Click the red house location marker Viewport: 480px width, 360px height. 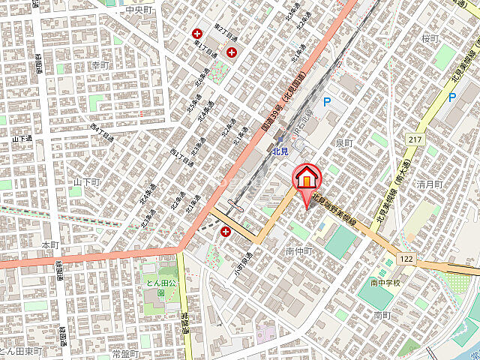pos(307,179)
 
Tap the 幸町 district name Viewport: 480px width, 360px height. pos(100,65)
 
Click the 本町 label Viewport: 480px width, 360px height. pos(50,245)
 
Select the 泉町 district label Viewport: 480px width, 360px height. pos(344,142)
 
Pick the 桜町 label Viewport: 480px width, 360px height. pos(429,38)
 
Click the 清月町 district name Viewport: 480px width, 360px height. pos(430,184)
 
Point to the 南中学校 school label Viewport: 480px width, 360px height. pos(385,283)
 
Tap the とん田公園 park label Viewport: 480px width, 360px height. pos(160,282)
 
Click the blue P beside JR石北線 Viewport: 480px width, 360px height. pos(326,101)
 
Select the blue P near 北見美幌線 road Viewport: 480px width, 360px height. pos(451,97)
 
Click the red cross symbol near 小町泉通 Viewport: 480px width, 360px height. pos(226,232)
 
